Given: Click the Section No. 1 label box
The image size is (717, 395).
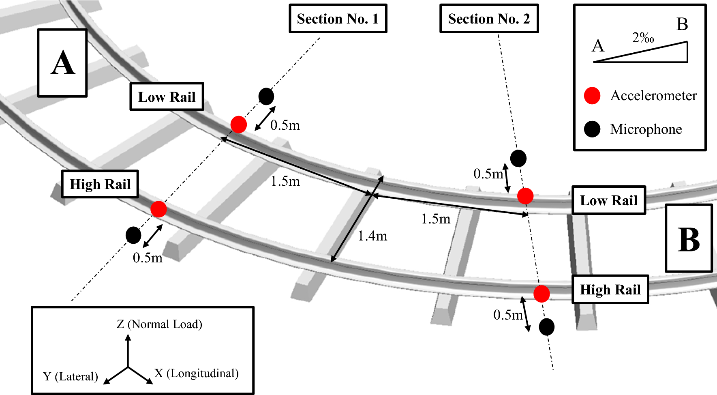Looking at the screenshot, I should click(x=338, y=19).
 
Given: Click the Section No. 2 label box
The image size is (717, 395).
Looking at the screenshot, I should click(x=489, y=19).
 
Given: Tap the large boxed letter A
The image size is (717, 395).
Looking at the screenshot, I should click(x=62, y=63).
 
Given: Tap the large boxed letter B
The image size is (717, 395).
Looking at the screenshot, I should click(x=689, y=238).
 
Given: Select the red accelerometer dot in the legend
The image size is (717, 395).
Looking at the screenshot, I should click(x=592, y=96).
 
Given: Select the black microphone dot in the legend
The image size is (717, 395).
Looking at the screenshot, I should click(x=592, y=129).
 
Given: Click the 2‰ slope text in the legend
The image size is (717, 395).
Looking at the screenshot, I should click(x=643, y=38).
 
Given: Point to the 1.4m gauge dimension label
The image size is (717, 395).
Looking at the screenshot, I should click(x=372, y=236).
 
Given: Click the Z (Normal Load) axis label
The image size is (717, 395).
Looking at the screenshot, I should click(x=159, y=324).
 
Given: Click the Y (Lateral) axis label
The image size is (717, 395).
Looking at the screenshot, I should click(x=71, y=376).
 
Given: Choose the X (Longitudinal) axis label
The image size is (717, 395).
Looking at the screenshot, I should click(x=197, y=373).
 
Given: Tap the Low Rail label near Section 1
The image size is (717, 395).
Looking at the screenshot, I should click(x=167, y=97).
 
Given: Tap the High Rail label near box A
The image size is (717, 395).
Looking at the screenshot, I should click(x=100, y=184).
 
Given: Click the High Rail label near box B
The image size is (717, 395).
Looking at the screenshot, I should click(x=610, y=290).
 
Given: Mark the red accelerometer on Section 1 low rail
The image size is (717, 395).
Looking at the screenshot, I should click(x=239, y=124).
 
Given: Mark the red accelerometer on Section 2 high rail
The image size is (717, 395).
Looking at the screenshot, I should click(x=541, y=294).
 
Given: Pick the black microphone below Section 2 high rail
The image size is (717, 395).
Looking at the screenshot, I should click(x=546, y=327).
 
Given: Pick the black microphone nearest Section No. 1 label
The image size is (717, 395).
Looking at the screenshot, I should click(x=266, y=96).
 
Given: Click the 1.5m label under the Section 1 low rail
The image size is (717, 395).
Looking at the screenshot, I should click(x=285, y=181).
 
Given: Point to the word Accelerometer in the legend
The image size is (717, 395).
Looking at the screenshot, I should click(x=653, y=96).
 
